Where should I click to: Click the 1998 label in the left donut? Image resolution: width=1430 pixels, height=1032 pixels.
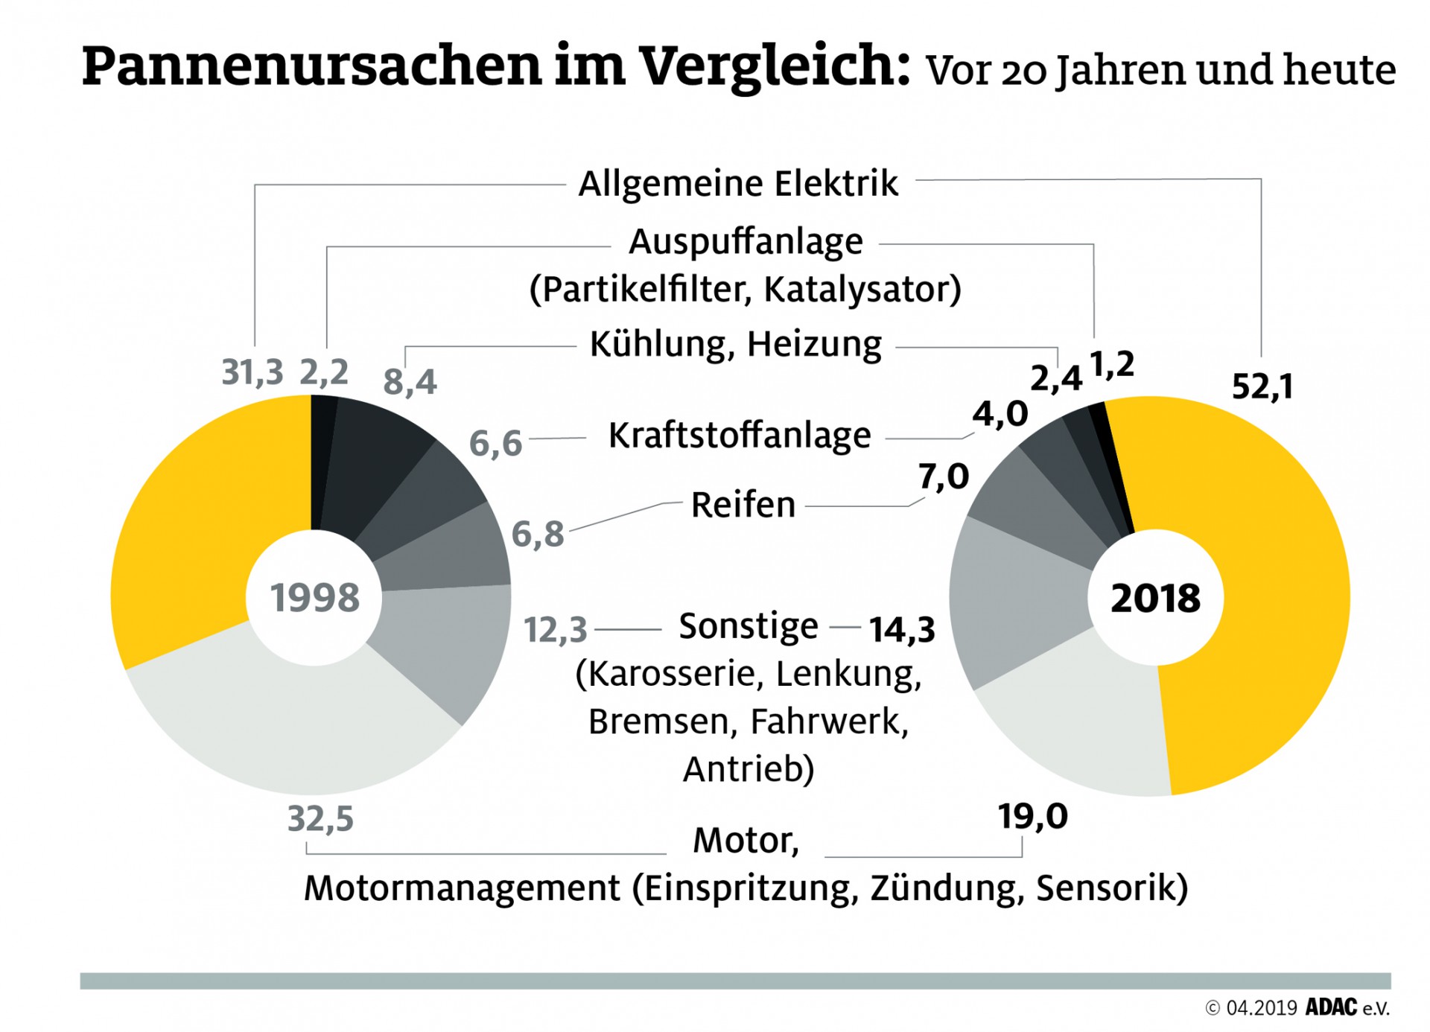point(314,598)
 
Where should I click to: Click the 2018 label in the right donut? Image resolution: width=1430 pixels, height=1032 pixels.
point(1155,598)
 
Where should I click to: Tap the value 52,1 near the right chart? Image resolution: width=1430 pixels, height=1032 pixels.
point(1262,386)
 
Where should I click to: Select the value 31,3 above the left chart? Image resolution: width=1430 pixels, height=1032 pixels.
point(252,372)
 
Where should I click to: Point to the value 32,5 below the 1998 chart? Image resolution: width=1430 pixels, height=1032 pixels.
point(320,819)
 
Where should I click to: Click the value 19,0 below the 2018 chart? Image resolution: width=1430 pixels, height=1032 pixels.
point(1032,817)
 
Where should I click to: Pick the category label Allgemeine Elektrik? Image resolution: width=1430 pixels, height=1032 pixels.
point(738,184)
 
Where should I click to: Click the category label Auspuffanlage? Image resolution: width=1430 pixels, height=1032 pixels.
point(746,242)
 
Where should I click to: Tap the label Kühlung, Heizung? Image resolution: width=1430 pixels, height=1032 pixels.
point(735,345)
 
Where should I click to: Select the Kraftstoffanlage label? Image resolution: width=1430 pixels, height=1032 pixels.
point(739,436)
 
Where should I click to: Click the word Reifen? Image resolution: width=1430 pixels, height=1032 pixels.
point(743,505)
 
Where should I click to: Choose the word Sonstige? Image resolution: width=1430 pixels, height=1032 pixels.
point(748,626)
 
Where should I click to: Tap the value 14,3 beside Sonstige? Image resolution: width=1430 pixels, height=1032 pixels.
point(902,630)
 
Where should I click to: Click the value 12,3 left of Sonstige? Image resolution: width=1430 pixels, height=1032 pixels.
point(555,630)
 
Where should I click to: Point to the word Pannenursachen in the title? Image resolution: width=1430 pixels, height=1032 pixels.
point(311,66)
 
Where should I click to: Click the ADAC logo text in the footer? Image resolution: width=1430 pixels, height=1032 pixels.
point(1331,1007)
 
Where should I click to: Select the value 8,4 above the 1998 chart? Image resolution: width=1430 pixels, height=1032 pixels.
point(410,383)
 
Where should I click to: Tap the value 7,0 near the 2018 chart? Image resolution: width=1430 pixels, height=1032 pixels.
point(943,477)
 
